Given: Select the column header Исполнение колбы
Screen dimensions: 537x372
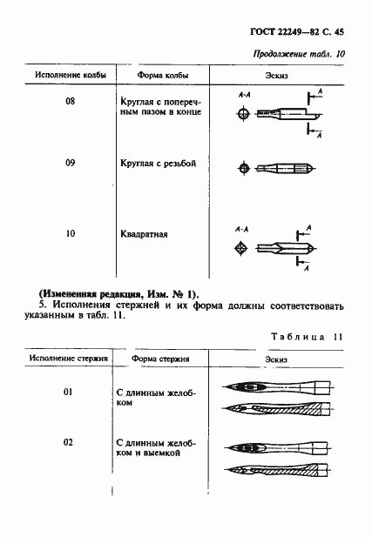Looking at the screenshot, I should pyautogui.click(x=71, y=76).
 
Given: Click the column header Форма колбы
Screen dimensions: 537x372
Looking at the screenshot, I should pyautogui.click(x=152, y=76).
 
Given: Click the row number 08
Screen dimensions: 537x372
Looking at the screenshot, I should pyautogui.click(x=71, y=101).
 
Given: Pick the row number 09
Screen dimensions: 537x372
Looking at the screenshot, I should pyautogui.click(x=71, y=163).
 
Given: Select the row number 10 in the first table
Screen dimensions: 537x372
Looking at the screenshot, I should pyautogui.click(x=71, y=233).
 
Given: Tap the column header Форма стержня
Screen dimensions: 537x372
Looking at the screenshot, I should pyautogui.click(x=159, y=358).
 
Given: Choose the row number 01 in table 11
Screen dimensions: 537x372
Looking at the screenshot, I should pyautogui.click(x=66, y=393).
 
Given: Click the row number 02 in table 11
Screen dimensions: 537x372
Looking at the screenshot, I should pyautogui.click(x=66, y=443).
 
